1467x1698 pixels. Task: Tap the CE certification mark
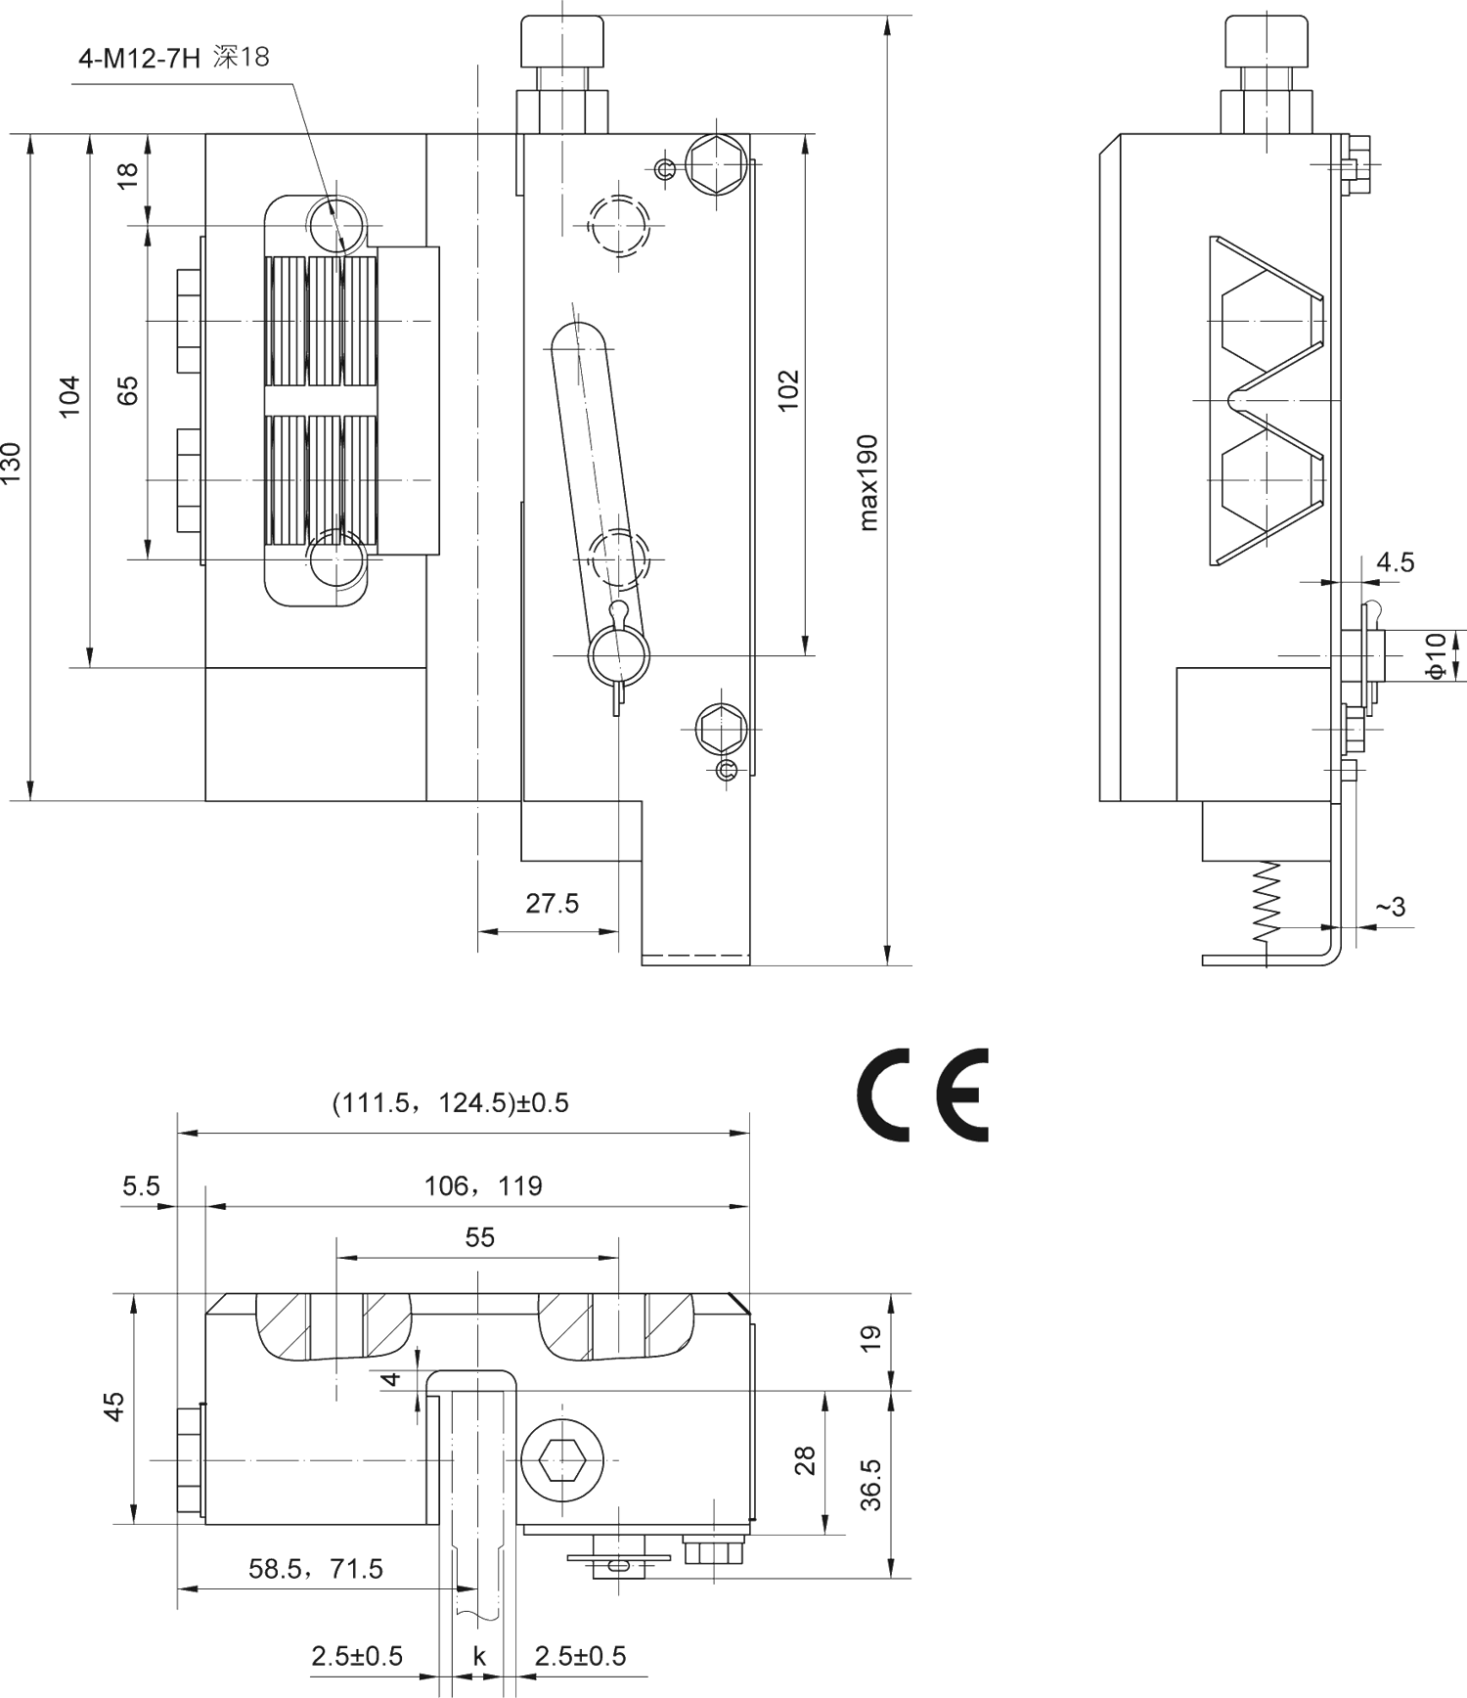[923, 1095]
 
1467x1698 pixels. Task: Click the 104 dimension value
[69, 396]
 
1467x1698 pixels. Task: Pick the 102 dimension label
[788, 390]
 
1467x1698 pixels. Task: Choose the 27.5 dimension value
[552, 903]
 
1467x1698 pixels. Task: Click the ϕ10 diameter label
[1435, 654]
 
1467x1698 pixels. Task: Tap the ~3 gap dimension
[1390, 907]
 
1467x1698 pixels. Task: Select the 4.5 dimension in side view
[1395, 562]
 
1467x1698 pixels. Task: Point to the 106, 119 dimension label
[482, 1186]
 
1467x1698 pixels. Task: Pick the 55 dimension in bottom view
[479, 1237]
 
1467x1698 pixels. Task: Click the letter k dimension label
[479, 1656]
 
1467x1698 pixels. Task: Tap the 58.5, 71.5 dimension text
[315, 1569]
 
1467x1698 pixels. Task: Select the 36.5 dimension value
[870, 1484]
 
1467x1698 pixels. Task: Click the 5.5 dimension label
[141, 1186]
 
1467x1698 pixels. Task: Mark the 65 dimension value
[128, 389]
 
